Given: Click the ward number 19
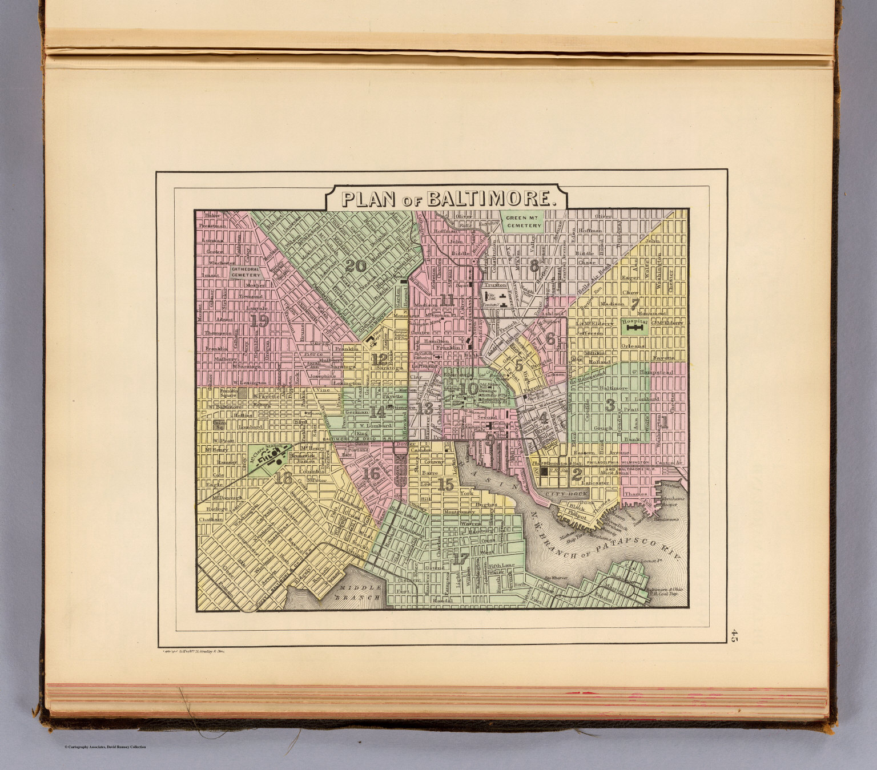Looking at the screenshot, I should pos(259,321).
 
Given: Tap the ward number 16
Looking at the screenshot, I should pos(371,473).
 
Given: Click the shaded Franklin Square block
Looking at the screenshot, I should pos(244,393).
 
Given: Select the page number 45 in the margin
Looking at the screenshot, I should pos(734,636).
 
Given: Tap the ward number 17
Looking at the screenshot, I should pos(460,559).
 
